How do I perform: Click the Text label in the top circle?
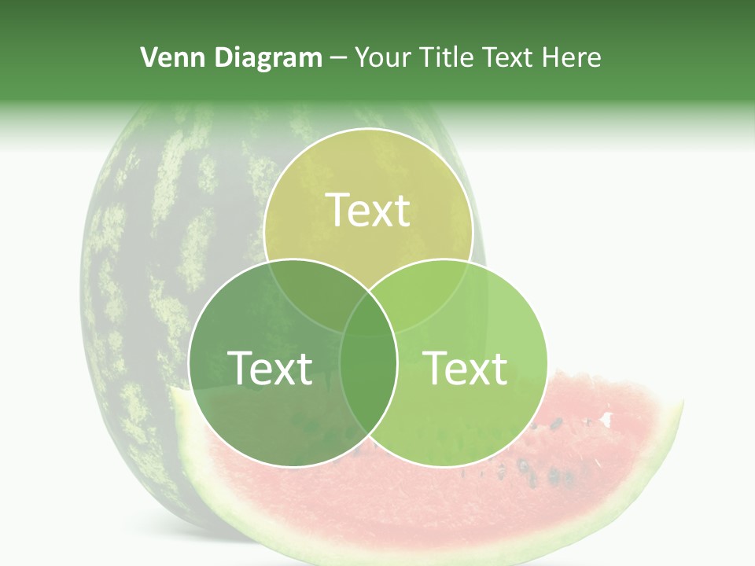(x=368, y=210)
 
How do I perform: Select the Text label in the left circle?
(x=270, y=368)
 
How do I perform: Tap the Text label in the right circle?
(x=466, y=368)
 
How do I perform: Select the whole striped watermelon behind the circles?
(x=157, y=275)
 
